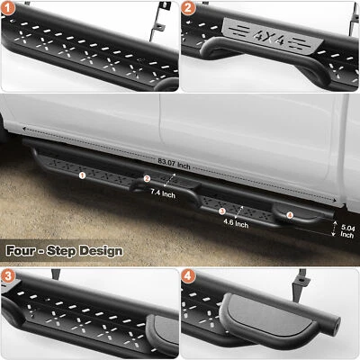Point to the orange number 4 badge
189,276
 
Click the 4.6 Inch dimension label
236,223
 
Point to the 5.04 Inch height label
346,234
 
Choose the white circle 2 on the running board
147,179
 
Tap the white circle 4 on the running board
289,215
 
